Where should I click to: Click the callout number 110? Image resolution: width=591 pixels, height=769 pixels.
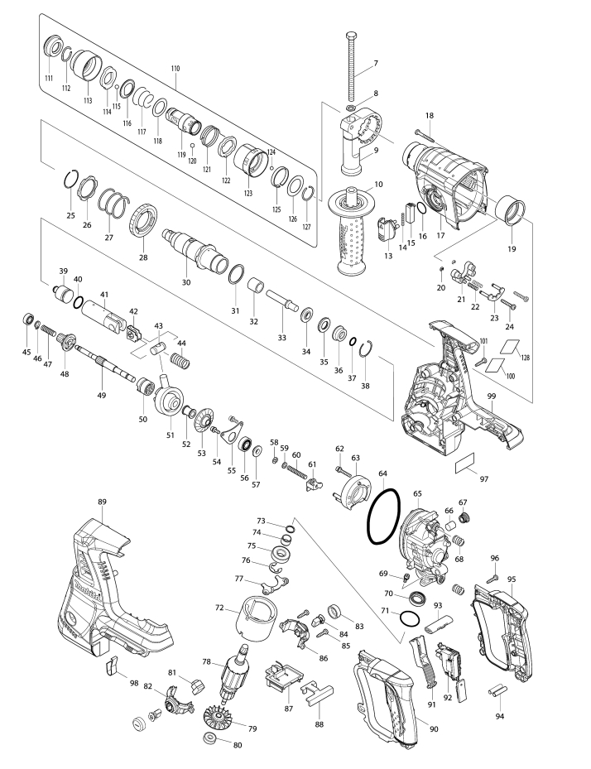[x=175, y=69]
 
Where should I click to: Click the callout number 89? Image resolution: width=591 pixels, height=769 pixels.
[x=102, y=502]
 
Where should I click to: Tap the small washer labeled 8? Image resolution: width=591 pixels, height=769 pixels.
[x=351, y=108]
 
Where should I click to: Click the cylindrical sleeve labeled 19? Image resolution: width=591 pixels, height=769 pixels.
[x=511, y=210]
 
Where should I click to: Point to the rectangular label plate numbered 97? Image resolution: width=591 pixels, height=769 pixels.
[x=465, y=464]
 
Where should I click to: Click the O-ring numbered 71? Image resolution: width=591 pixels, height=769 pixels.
[x=410, y=618]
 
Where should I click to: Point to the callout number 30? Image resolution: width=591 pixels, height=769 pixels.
[x=186, y=282]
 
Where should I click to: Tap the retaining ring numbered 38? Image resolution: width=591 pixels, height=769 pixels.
[x=367, y=353]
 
